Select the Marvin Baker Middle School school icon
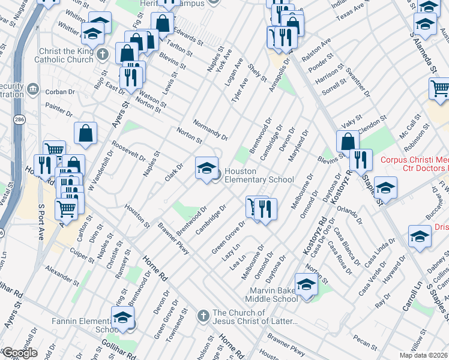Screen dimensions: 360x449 (x=306, y=284)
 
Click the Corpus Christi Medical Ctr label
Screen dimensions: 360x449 (x=414, y=166)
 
